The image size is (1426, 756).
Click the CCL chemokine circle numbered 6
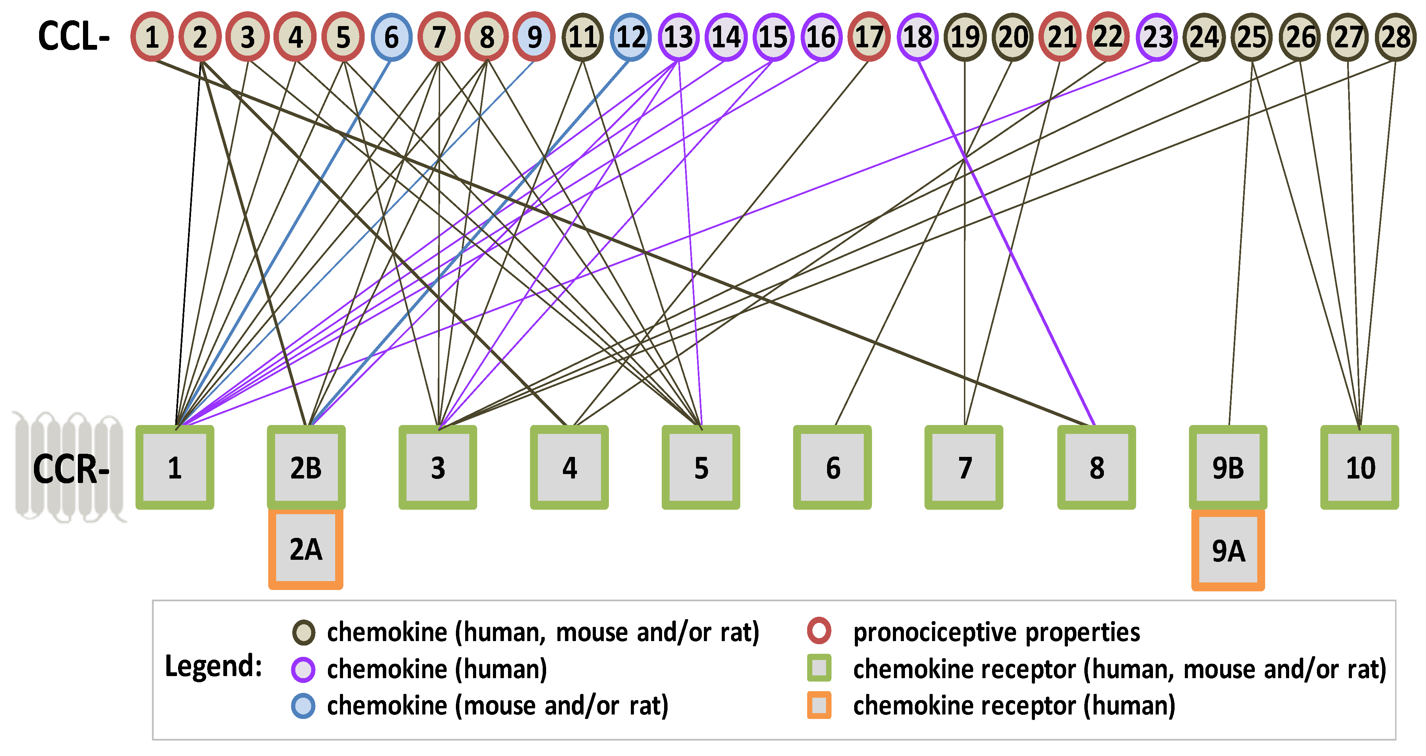(391, 37)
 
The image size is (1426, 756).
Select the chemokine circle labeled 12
(630, 37)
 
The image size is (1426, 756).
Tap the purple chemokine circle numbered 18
(917, 37)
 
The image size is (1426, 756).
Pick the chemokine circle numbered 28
(1395, 37)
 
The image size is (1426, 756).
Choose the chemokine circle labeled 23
(1157, 37)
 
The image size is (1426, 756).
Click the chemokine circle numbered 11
(582, 37)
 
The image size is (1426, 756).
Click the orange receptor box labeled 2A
(306, 549)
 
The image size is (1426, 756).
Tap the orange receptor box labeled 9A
(1228, 550)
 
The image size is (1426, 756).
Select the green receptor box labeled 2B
(306, 468)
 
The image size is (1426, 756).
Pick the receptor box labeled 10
(1359, 468)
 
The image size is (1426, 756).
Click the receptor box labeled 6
(833, 468)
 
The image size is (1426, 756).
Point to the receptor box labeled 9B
(1228, 468)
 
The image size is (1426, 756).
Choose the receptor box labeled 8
(1097, 468)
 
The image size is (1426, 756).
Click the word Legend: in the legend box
(214, 666)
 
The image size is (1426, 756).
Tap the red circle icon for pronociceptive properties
(819, 631)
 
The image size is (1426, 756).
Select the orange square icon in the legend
(819, 706)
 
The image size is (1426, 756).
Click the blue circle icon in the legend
(303, 706)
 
